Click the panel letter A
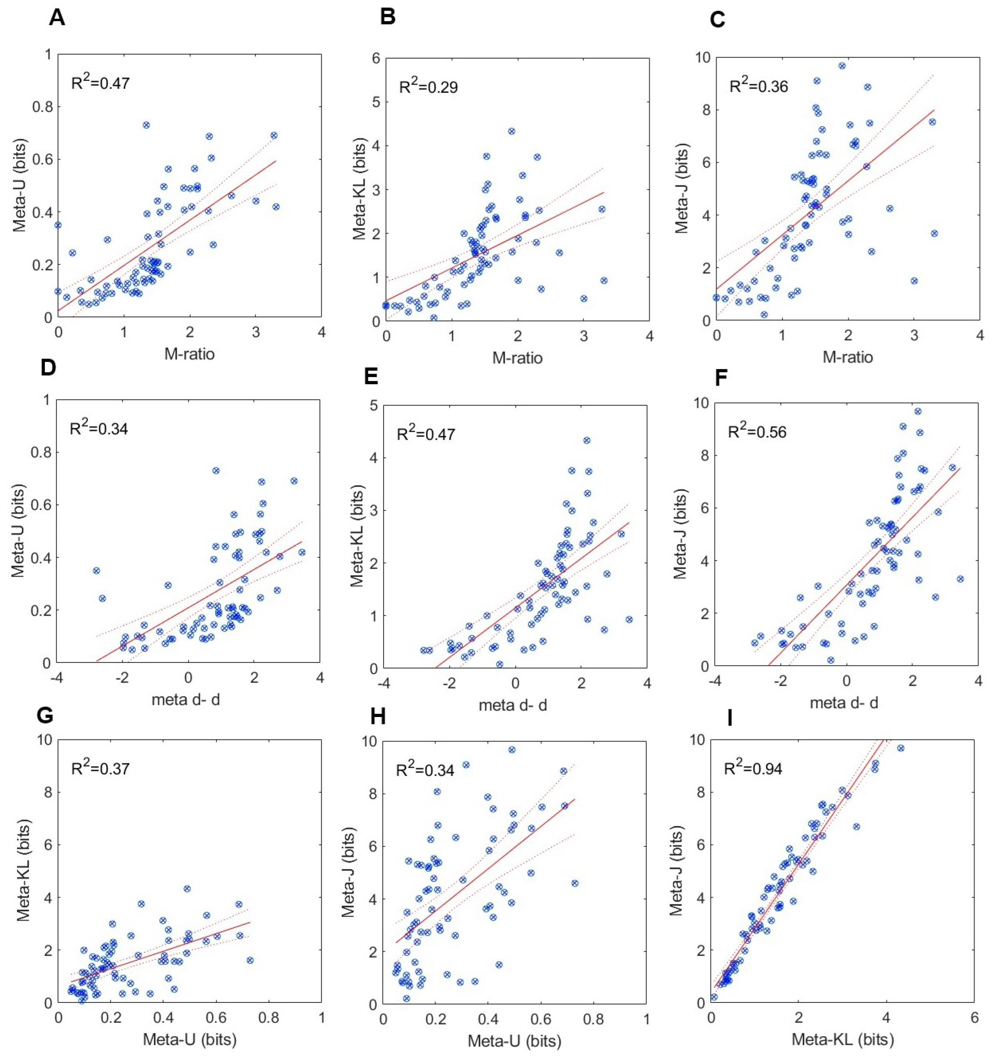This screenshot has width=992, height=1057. [x=56, y=18]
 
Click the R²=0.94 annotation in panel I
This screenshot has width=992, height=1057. [x=753, y=769]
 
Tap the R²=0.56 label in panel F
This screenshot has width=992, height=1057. [x=757, y=432]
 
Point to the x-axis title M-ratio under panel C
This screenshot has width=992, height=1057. [x=847, y=357]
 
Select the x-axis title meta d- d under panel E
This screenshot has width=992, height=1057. [x=513, y=705]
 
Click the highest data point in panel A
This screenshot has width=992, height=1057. [x=146, y=125]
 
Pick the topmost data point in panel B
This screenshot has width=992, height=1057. [x=511, y=131]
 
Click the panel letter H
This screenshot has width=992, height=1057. [x=377, y=717]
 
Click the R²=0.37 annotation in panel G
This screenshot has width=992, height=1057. [x=100, y=769]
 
